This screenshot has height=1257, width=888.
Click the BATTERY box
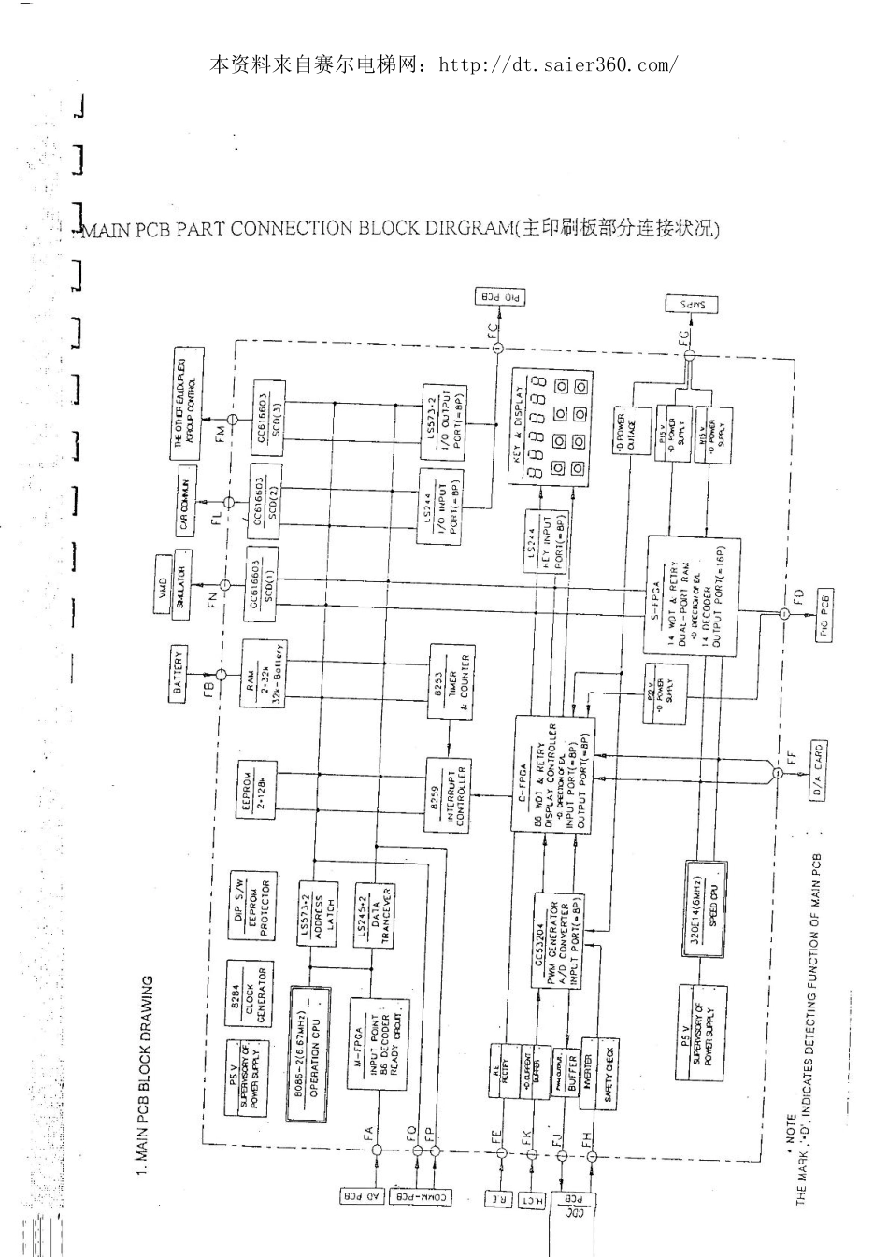click(x=179, y=673)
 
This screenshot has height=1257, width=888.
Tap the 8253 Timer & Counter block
click(x=451, y=682)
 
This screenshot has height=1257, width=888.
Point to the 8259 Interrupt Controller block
click(x=449, y=793)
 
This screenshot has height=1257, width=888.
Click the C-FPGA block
click(x=554, y=775)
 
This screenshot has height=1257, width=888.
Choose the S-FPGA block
click(x=693, y=595)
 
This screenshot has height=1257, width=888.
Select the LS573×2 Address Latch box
click(x=318, y=912)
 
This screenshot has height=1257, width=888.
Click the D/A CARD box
click(x=812, y=771)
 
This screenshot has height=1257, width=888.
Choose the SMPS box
click(x=691, y=305)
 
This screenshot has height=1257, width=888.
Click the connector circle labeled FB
click(x=222, y=674)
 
